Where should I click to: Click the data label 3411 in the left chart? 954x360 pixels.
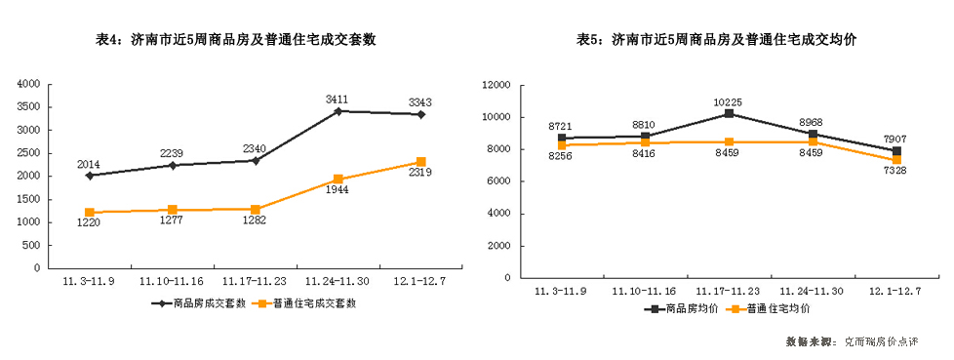coord(338,99)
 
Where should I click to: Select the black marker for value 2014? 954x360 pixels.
coord(90,176)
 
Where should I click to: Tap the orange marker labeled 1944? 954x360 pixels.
coord(338,180)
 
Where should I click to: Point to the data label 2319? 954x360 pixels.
coord(420,173)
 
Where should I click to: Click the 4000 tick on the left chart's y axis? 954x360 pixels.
coord(29,84)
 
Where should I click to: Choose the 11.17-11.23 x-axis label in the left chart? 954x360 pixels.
coord(255,280)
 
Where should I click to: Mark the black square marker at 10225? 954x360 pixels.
coord(729,114)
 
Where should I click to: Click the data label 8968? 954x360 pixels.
coord(812,121)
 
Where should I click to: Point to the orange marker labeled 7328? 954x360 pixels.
coord(895,160)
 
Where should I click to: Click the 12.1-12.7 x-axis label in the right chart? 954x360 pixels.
coord(894,290)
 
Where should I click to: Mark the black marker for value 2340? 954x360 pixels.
coord(255,160)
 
